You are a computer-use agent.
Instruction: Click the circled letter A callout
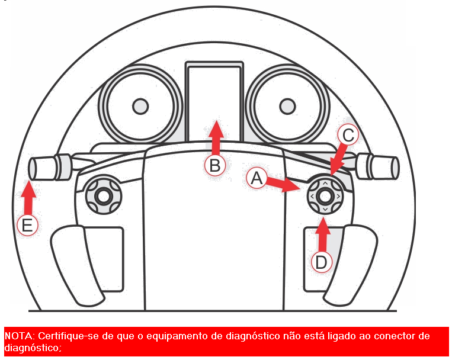[257, 178]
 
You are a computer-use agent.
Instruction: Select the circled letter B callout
[215, 165]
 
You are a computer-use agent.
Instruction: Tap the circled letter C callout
[348, 135]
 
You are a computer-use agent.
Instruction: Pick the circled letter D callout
[322, 262]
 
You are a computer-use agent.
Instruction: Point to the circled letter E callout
[27, 225]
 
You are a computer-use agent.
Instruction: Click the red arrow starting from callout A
[283, 185]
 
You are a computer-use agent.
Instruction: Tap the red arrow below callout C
[339, 159]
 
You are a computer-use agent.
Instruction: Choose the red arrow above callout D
[323, 235]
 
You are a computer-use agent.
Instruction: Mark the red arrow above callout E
[28, 198]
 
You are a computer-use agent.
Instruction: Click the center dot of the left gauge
[140, 107]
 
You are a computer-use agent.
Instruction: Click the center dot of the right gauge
[287, 107]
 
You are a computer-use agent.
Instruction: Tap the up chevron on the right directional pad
[325, 184]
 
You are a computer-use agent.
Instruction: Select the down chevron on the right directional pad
[325, 209]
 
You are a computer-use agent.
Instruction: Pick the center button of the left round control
[104, 196]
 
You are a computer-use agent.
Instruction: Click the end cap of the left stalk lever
[32, 168]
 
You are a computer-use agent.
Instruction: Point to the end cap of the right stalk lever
[395, 168]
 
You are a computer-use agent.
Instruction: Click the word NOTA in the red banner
[19, 336]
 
